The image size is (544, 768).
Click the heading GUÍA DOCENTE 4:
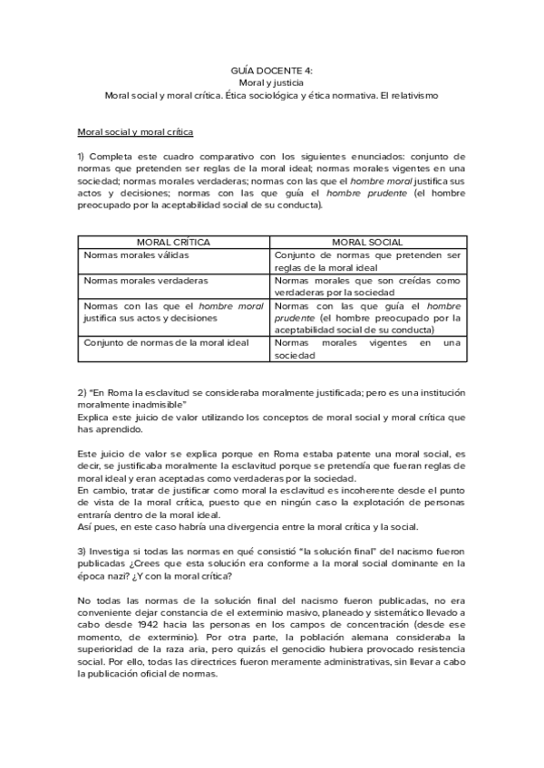click(x=271, y=69)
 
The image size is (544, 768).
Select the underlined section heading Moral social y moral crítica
click(x=135, y=131)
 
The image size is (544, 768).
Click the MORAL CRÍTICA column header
click(x=172, y=243)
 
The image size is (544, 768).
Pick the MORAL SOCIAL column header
click(x=367, y=243)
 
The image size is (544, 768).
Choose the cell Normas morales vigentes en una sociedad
click(x=367, y=350)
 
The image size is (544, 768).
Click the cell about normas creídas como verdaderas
click(x=367, y=287)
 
